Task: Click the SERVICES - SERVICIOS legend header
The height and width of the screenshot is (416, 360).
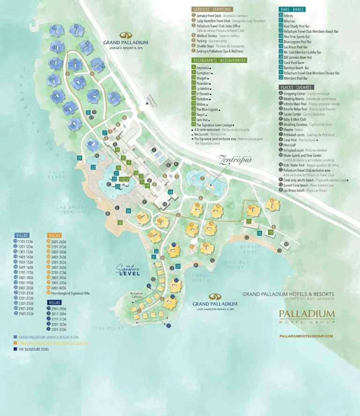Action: click(212, 9)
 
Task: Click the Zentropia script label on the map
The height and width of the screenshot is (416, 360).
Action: click(235, 160)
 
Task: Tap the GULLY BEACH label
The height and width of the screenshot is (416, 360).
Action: click(56, 174)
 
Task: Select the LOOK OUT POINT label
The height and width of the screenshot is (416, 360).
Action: click(235, 265)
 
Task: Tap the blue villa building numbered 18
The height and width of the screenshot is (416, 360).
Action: click(55, 30)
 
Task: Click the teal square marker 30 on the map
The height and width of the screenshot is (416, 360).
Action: click(259, 233)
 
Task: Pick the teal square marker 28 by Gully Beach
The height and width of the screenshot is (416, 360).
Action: click(80, 158)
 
